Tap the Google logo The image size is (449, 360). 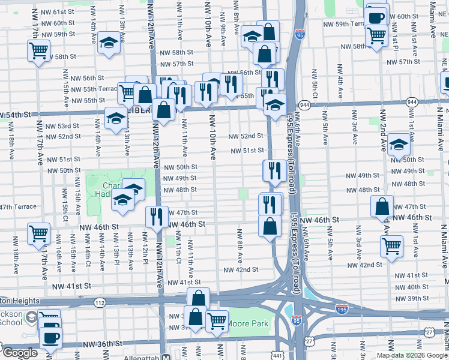(x=20, y=353)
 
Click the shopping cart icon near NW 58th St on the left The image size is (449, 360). (x=38, y=50)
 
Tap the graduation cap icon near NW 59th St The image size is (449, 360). (x=109, y=42)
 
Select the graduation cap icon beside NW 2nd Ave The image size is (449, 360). (x=399, y=145)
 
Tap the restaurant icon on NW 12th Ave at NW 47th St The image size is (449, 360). (x=157, y=216)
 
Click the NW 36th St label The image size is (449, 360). (x=102, y=344)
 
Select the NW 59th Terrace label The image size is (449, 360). (x=348, y=24)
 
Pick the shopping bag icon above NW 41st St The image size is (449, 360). (x=198, y=298)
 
